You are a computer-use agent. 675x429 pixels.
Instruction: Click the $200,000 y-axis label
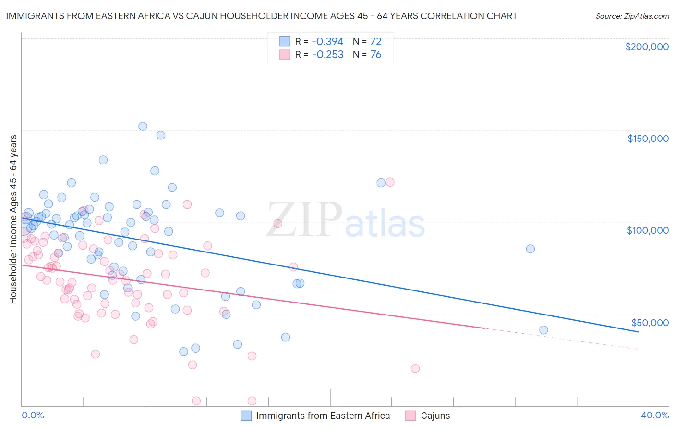[x=647, y=47]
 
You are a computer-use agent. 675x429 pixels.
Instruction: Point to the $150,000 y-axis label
[x=648, y=139]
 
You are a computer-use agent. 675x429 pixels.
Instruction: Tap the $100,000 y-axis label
[x=648, y=230]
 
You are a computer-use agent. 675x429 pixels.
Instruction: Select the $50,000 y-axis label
[x=650, y=322]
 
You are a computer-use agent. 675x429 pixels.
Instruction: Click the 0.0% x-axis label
[x=33, y=415]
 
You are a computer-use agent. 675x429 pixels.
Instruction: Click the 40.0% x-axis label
[x=655, y=415]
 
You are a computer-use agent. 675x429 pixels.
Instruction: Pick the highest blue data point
[x=143, y=126]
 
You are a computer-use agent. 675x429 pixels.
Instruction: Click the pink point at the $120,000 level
[x=390, y=182]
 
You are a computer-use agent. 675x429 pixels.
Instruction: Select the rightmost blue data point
[x=543, y=330]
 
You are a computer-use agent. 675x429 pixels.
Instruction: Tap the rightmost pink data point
[x=415, y=368]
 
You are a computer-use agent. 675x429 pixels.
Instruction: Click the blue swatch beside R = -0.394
[x=285, y=42]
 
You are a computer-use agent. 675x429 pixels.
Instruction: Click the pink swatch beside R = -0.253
[x=285, y=55]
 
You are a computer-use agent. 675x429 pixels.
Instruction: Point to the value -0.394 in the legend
[x=327, y=42]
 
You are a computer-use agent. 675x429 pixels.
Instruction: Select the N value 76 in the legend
[x=375, y=55]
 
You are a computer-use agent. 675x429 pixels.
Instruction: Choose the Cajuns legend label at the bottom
[x=435, y=416]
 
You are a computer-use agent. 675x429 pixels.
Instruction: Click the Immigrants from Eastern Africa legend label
[x=323, y=416]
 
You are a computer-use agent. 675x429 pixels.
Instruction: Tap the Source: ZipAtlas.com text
[x=632, y=16]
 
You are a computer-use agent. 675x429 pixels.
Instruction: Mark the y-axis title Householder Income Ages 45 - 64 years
[x=13, y=219]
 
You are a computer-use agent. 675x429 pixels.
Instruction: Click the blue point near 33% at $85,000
[x=530, y=249]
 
